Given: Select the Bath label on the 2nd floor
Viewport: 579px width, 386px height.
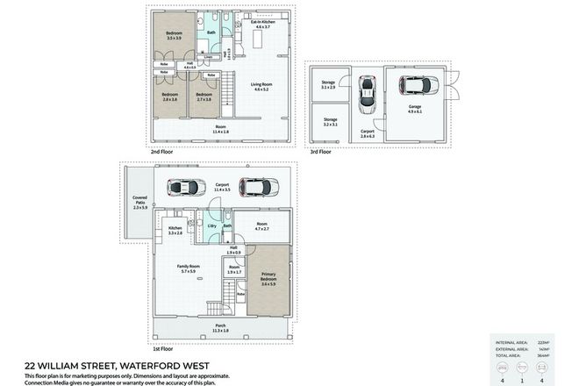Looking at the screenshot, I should tap(211, 32).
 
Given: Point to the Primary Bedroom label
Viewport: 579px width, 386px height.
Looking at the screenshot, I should tap(268, 280).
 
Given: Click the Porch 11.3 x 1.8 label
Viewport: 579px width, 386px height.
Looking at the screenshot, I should tap(220, 329).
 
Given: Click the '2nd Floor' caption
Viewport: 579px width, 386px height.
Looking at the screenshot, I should tap(161, 152).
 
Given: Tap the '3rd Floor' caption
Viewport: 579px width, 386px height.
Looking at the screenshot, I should tap(320, 152).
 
